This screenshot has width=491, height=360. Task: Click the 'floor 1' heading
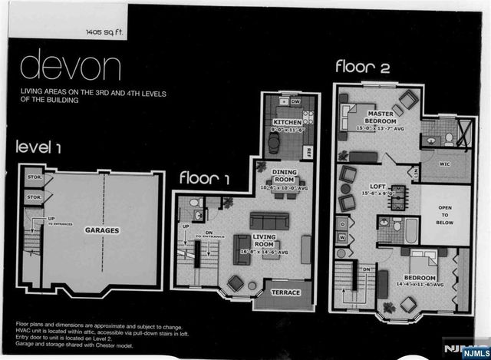pyautogui.click(x=206, y=177)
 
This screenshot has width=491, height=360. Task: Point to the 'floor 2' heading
pyautogui.click(x=363, y=67)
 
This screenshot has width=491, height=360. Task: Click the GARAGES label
pyautogui.click(x=101, y=230)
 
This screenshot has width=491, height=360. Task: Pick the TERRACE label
pyautogui.click(x=285, y=292)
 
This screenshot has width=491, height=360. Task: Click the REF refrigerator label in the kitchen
pyautogui.click(x=308, y=151)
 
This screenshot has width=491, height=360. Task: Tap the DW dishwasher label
pyautogui.click(x=295, y=101)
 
